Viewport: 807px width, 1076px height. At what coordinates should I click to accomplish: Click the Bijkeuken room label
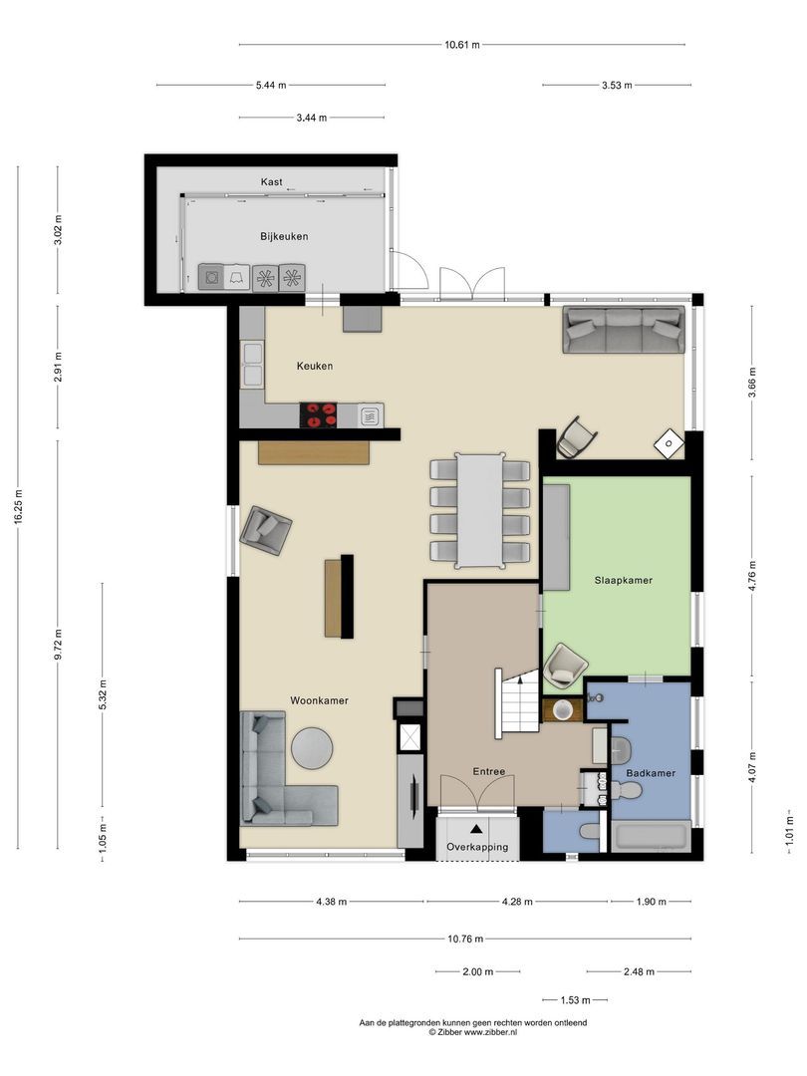284,236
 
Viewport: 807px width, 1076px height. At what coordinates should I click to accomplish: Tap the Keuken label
314,366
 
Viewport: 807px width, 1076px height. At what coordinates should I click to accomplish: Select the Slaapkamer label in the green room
623,580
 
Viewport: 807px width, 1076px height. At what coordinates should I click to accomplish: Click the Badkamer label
651,773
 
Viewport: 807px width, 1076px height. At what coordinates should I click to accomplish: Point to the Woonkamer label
319,700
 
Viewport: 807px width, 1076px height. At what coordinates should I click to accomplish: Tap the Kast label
271,182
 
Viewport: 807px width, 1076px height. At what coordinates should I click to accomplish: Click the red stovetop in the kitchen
319,415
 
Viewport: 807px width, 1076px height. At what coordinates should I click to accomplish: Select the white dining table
480,510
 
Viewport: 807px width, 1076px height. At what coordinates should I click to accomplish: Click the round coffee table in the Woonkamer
312,746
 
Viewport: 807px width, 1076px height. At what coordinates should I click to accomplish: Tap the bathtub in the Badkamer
652,837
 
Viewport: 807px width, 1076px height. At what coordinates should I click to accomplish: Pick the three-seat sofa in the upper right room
624,330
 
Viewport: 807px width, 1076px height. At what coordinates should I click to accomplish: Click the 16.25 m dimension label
18,507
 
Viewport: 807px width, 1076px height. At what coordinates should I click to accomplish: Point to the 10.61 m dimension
462,45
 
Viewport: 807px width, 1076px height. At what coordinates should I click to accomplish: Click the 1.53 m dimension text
575,1000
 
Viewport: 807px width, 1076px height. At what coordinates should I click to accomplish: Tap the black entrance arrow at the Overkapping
476,829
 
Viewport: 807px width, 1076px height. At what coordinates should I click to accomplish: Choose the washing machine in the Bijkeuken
210,277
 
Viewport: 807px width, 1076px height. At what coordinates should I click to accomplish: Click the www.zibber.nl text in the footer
490,1031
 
